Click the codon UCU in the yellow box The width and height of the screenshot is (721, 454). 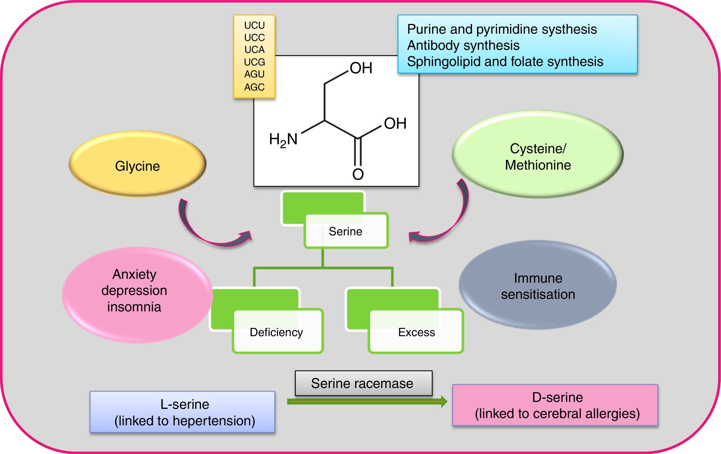click(x=254, y=25)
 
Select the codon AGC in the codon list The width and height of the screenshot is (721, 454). click(x=254, y=87)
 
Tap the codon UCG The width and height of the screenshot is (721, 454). click(x=254, y=62)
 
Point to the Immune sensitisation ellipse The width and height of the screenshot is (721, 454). click(x=538, y=285)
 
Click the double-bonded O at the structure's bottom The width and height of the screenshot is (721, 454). click(x=358, y=174)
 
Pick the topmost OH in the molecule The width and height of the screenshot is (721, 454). click(x=361, y=68)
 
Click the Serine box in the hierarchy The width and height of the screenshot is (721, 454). click(x=346, y=231)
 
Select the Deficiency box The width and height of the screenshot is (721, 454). click(x=277, y=332)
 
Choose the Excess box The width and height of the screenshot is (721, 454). click(x=416, y=332)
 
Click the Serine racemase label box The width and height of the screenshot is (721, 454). click(x=363, y=383)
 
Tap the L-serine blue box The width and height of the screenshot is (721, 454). click(x=183, y=412)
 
